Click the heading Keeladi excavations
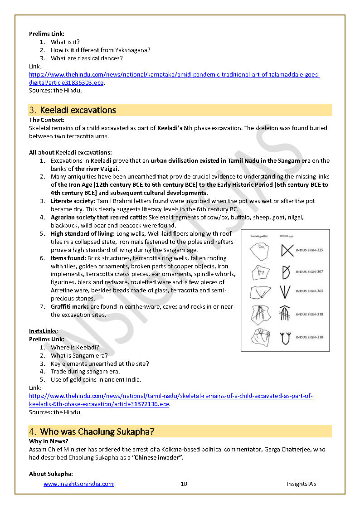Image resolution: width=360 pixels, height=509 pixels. click(78, 110)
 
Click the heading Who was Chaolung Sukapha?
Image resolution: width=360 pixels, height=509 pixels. click(100, 431)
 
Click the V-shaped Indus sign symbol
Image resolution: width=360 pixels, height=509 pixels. click(285, 291)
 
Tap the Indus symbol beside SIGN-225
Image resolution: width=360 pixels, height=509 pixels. click(287, 250)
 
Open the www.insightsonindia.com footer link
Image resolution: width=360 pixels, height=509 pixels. click(78, 484)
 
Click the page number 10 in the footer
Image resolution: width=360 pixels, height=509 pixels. click(184, 484)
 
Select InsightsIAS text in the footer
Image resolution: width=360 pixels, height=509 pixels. click(301, 484)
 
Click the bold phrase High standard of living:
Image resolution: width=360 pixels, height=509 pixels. click(83, 234)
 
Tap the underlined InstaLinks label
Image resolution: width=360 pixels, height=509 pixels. click(43, 331)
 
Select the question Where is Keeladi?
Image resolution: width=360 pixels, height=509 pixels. click(75, 348)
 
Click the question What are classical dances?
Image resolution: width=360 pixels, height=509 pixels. click(87, 58)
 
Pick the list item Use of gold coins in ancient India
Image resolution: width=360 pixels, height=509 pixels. click(96, 380)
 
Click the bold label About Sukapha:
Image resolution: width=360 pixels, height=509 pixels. click(51, 474)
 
